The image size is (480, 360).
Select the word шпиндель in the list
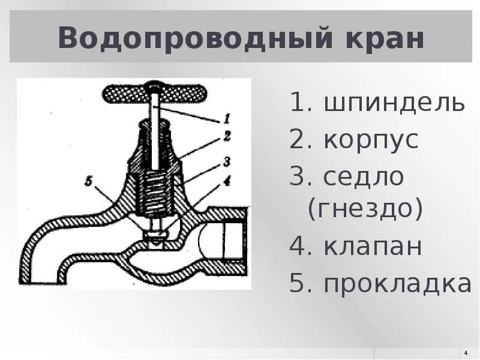point(395,103)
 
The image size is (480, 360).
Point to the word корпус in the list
point(371,140)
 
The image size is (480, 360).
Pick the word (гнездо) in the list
point(365,209)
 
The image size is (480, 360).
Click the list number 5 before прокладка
point(298,284)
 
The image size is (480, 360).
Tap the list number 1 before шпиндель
point(298,103)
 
